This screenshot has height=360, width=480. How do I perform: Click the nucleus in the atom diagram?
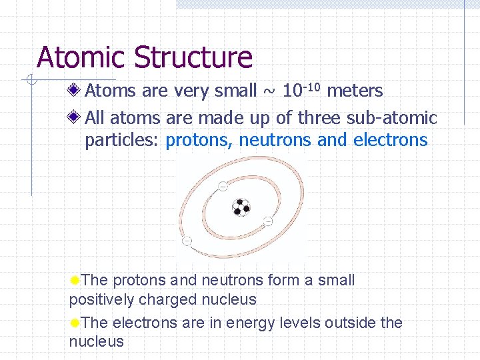point(241,207)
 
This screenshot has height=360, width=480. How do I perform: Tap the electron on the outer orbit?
point(187,240)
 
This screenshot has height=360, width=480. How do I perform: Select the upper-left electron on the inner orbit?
point(223,185)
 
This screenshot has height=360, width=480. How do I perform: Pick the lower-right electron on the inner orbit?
point(268,221)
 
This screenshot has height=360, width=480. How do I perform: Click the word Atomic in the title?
point(81,57)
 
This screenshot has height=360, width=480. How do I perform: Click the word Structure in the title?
point(193,57)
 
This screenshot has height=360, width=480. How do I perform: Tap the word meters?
point(355,91)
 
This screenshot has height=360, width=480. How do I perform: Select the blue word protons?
point(199,140)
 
